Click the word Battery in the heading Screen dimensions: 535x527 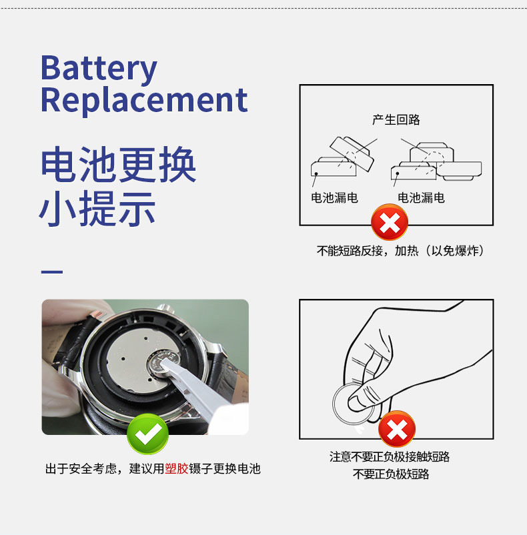(99, 69)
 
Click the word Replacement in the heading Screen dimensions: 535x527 (143, 99)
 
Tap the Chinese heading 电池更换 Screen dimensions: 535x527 (118, 165)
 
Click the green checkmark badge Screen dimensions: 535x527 (147, 434)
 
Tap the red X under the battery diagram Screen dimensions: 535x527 (389, 222)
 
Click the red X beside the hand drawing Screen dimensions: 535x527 (397, 429)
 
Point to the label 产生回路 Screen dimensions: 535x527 (396, 119)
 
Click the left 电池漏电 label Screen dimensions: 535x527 (334, 197)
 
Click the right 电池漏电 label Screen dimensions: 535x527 (421, 197)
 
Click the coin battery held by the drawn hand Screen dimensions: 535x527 (352, 404)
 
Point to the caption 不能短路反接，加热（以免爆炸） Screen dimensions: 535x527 (400, 251)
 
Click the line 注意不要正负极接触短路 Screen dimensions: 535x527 (390, 456)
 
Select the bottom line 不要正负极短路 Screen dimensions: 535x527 (390, 474)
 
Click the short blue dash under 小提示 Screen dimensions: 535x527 (52, 272)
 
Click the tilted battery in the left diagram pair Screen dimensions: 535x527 (352, 152)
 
